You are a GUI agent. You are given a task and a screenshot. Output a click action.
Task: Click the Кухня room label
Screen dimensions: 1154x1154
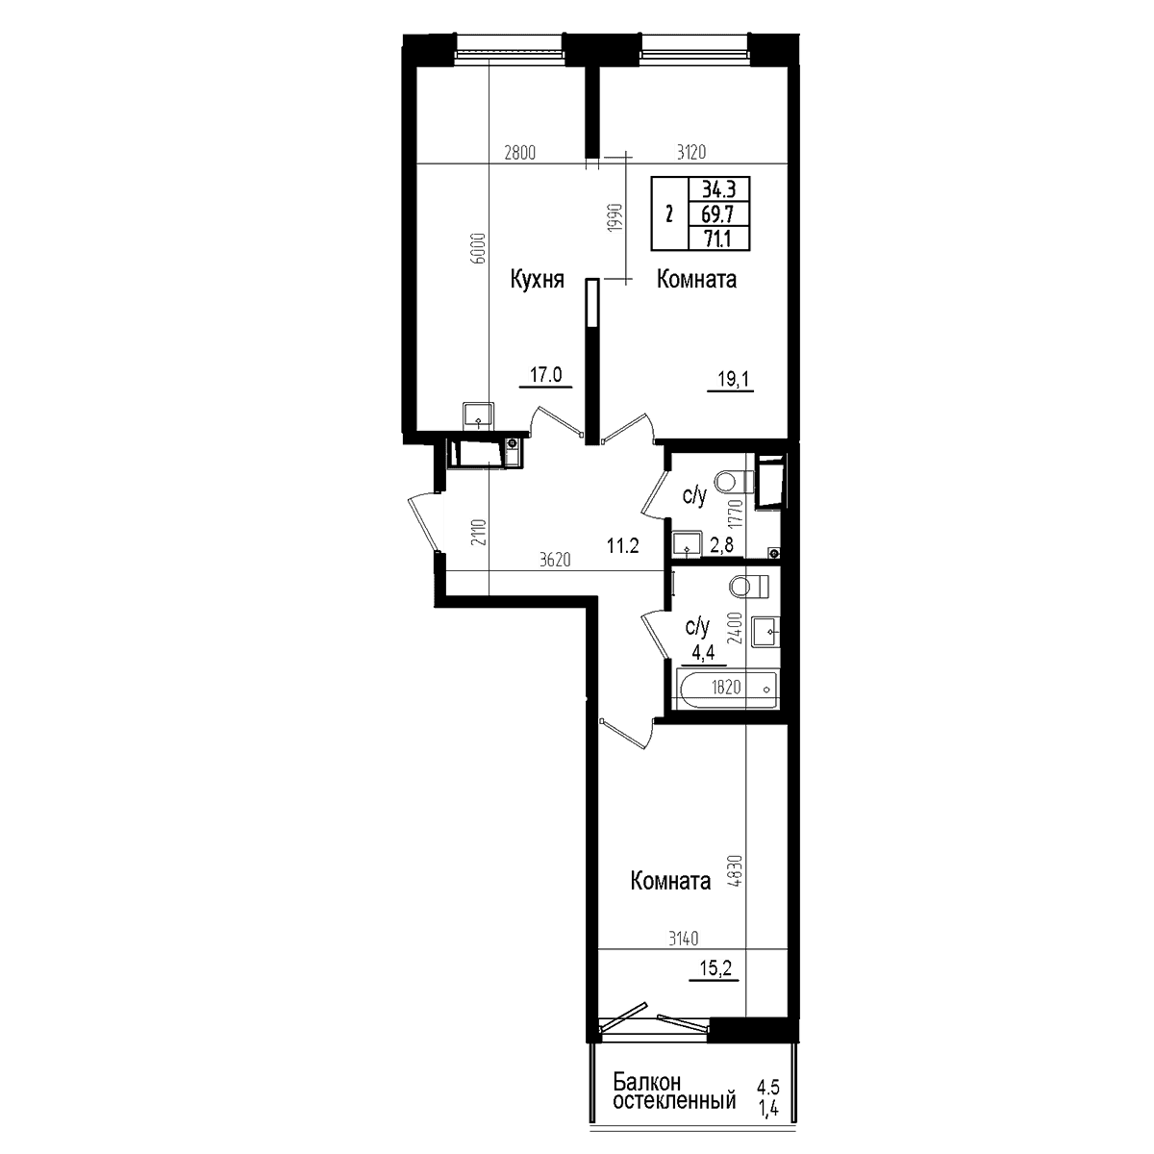click(x=538, y=280)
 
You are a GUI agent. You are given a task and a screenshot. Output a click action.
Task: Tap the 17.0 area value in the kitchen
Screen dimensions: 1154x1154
click(x=545, y=375)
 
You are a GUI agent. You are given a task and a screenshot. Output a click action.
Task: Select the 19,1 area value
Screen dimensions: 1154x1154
click(x=733, y=379)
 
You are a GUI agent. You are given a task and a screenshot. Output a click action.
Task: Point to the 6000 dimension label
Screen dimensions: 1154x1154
click(x=478, y=248)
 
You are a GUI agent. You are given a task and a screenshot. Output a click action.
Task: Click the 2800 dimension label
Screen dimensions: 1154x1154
click(x=520, y=153)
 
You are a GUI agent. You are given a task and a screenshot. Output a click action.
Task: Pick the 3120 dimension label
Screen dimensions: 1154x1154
click(x=691, y=153)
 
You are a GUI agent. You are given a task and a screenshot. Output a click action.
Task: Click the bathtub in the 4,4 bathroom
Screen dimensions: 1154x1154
click(x=726, y=690)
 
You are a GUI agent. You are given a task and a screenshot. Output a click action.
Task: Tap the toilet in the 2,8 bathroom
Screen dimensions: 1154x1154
click(x=734, y=481)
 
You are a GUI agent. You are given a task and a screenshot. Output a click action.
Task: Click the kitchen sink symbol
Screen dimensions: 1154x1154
click(x=478, y=415)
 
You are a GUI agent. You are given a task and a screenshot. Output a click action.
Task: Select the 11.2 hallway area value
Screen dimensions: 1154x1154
click(x=623, y=545)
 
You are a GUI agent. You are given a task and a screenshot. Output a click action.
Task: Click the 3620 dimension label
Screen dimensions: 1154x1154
click(x=555, y=560)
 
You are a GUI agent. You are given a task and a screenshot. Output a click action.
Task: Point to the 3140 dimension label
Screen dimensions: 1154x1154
click(x=684, y=939)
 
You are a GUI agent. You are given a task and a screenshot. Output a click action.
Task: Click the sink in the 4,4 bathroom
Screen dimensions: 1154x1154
click(x=765, y=631)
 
